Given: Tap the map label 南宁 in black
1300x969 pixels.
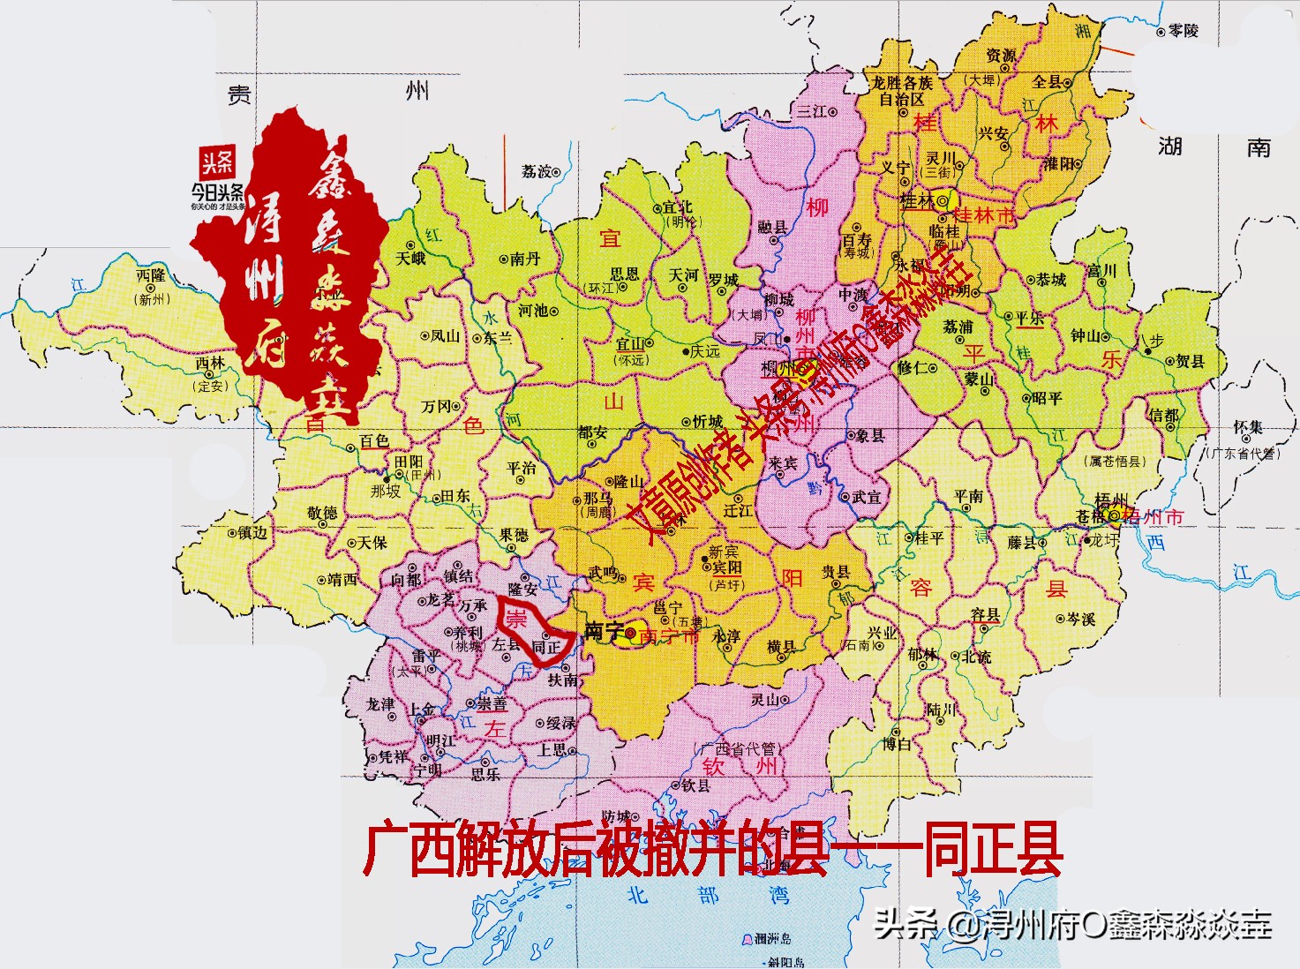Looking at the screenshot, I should point(605,632).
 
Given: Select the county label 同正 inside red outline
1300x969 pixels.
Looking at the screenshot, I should point(546,648).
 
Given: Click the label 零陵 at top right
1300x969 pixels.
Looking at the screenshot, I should point(1184,31).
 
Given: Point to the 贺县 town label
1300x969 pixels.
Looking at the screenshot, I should point(1190,361).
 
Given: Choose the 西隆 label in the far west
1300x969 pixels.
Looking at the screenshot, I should point(151,276).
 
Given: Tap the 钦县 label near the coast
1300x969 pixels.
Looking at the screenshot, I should point(695,785).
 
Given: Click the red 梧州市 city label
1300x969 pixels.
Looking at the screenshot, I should point(1153,517).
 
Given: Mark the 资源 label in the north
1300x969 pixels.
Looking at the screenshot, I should point(1002,56).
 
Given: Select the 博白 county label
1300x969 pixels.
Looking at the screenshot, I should point(897,744).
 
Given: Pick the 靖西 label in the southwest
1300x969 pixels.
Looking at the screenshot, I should point(342,580).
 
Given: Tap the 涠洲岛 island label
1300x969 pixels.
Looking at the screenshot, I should point(773,938).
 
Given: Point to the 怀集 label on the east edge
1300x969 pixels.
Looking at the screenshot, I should point(1248,427).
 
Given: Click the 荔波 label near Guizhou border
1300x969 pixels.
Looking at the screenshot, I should point(536,171).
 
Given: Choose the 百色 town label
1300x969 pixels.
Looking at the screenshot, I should point(374,440).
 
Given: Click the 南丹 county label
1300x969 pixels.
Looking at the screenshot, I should point(525,259).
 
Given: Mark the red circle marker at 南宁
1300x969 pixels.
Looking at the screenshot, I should point(631,633).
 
